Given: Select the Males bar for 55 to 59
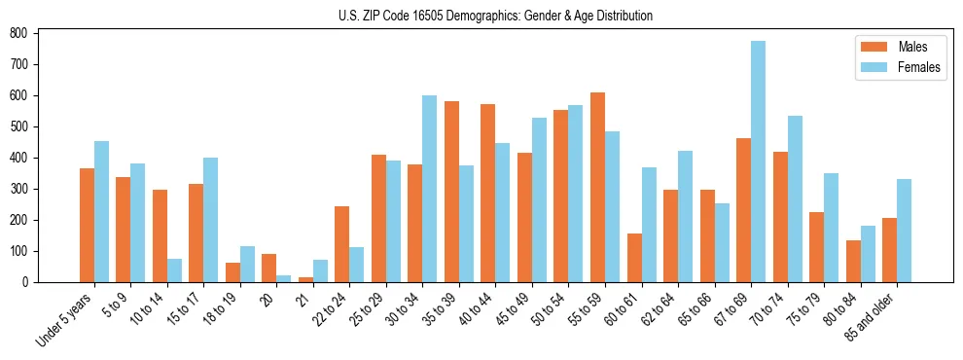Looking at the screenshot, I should pyautogui.click(x=597, y=187).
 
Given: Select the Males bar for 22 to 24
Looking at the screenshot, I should pyautogui.click(x=342, y=244).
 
